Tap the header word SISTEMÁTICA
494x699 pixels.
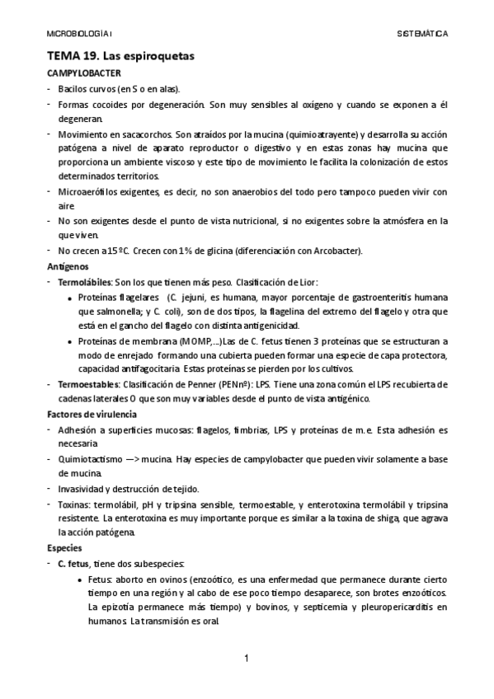(422, 35)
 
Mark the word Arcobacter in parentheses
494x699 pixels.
(332, 251)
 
